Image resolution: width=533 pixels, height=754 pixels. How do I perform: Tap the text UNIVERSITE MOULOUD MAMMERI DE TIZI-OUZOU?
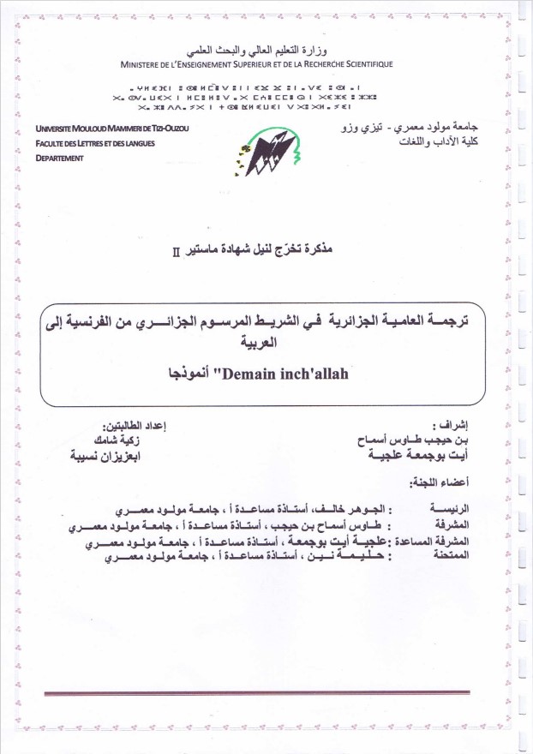pos(112,129)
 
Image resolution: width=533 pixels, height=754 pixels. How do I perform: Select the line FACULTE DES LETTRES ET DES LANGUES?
pos(95,144)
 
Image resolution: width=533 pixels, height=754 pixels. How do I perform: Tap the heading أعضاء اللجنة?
pos(458,485)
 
